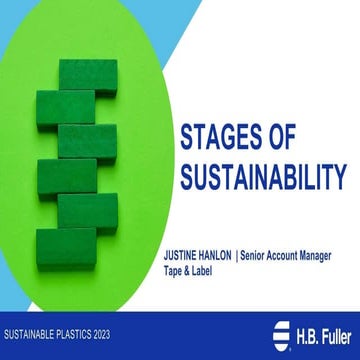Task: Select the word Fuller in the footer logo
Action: click(332, 331)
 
